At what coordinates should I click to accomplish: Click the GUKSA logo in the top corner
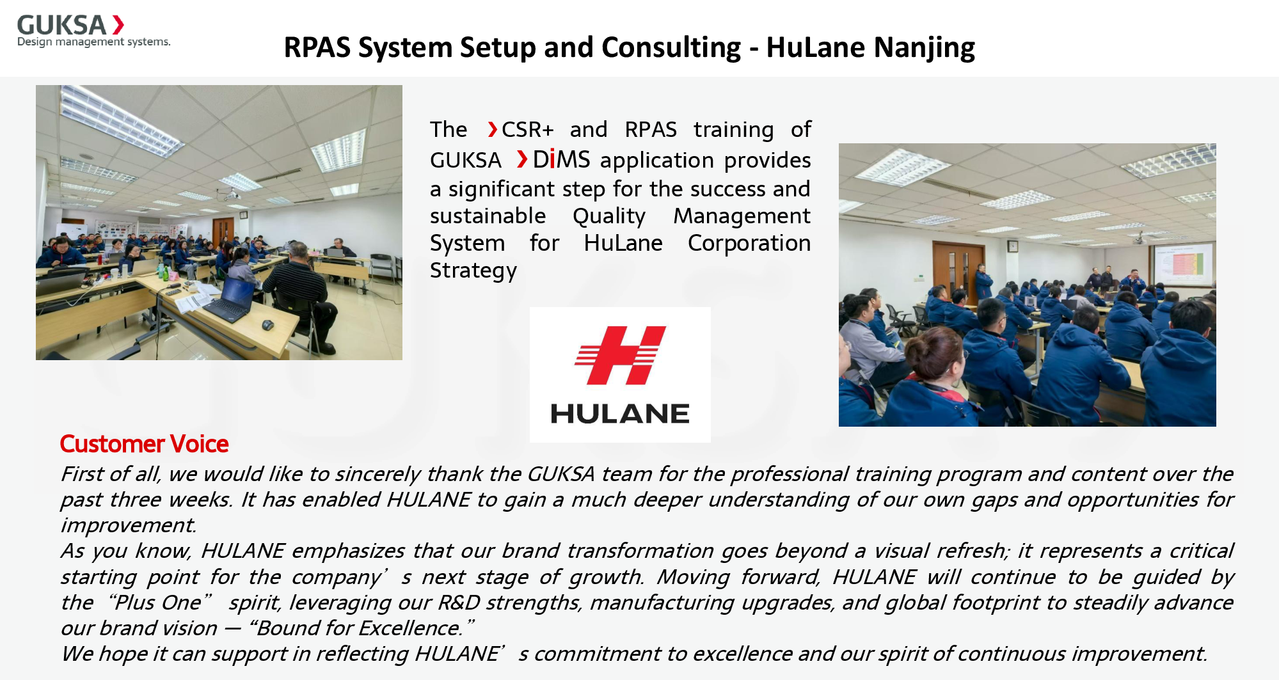[x=70, y=29]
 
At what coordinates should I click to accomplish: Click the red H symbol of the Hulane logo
[x=619, y=355]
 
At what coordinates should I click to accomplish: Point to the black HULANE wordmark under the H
[x=619, y=414]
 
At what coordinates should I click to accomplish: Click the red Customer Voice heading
[x=144, y=444]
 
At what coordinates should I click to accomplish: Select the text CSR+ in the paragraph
[x=527, y=130]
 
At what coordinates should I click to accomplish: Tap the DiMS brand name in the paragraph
[x=561, y=159]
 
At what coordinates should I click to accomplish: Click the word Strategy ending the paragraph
[x=473, y=271]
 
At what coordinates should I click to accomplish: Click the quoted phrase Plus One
[x=159, y=603]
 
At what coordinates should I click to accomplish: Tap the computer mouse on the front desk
[x=267, y=324]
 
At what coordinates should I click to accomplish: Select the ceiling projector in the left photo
[x=231, y=194]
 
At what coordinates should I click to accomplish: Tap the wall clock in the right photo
[x=1012, y=246]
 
